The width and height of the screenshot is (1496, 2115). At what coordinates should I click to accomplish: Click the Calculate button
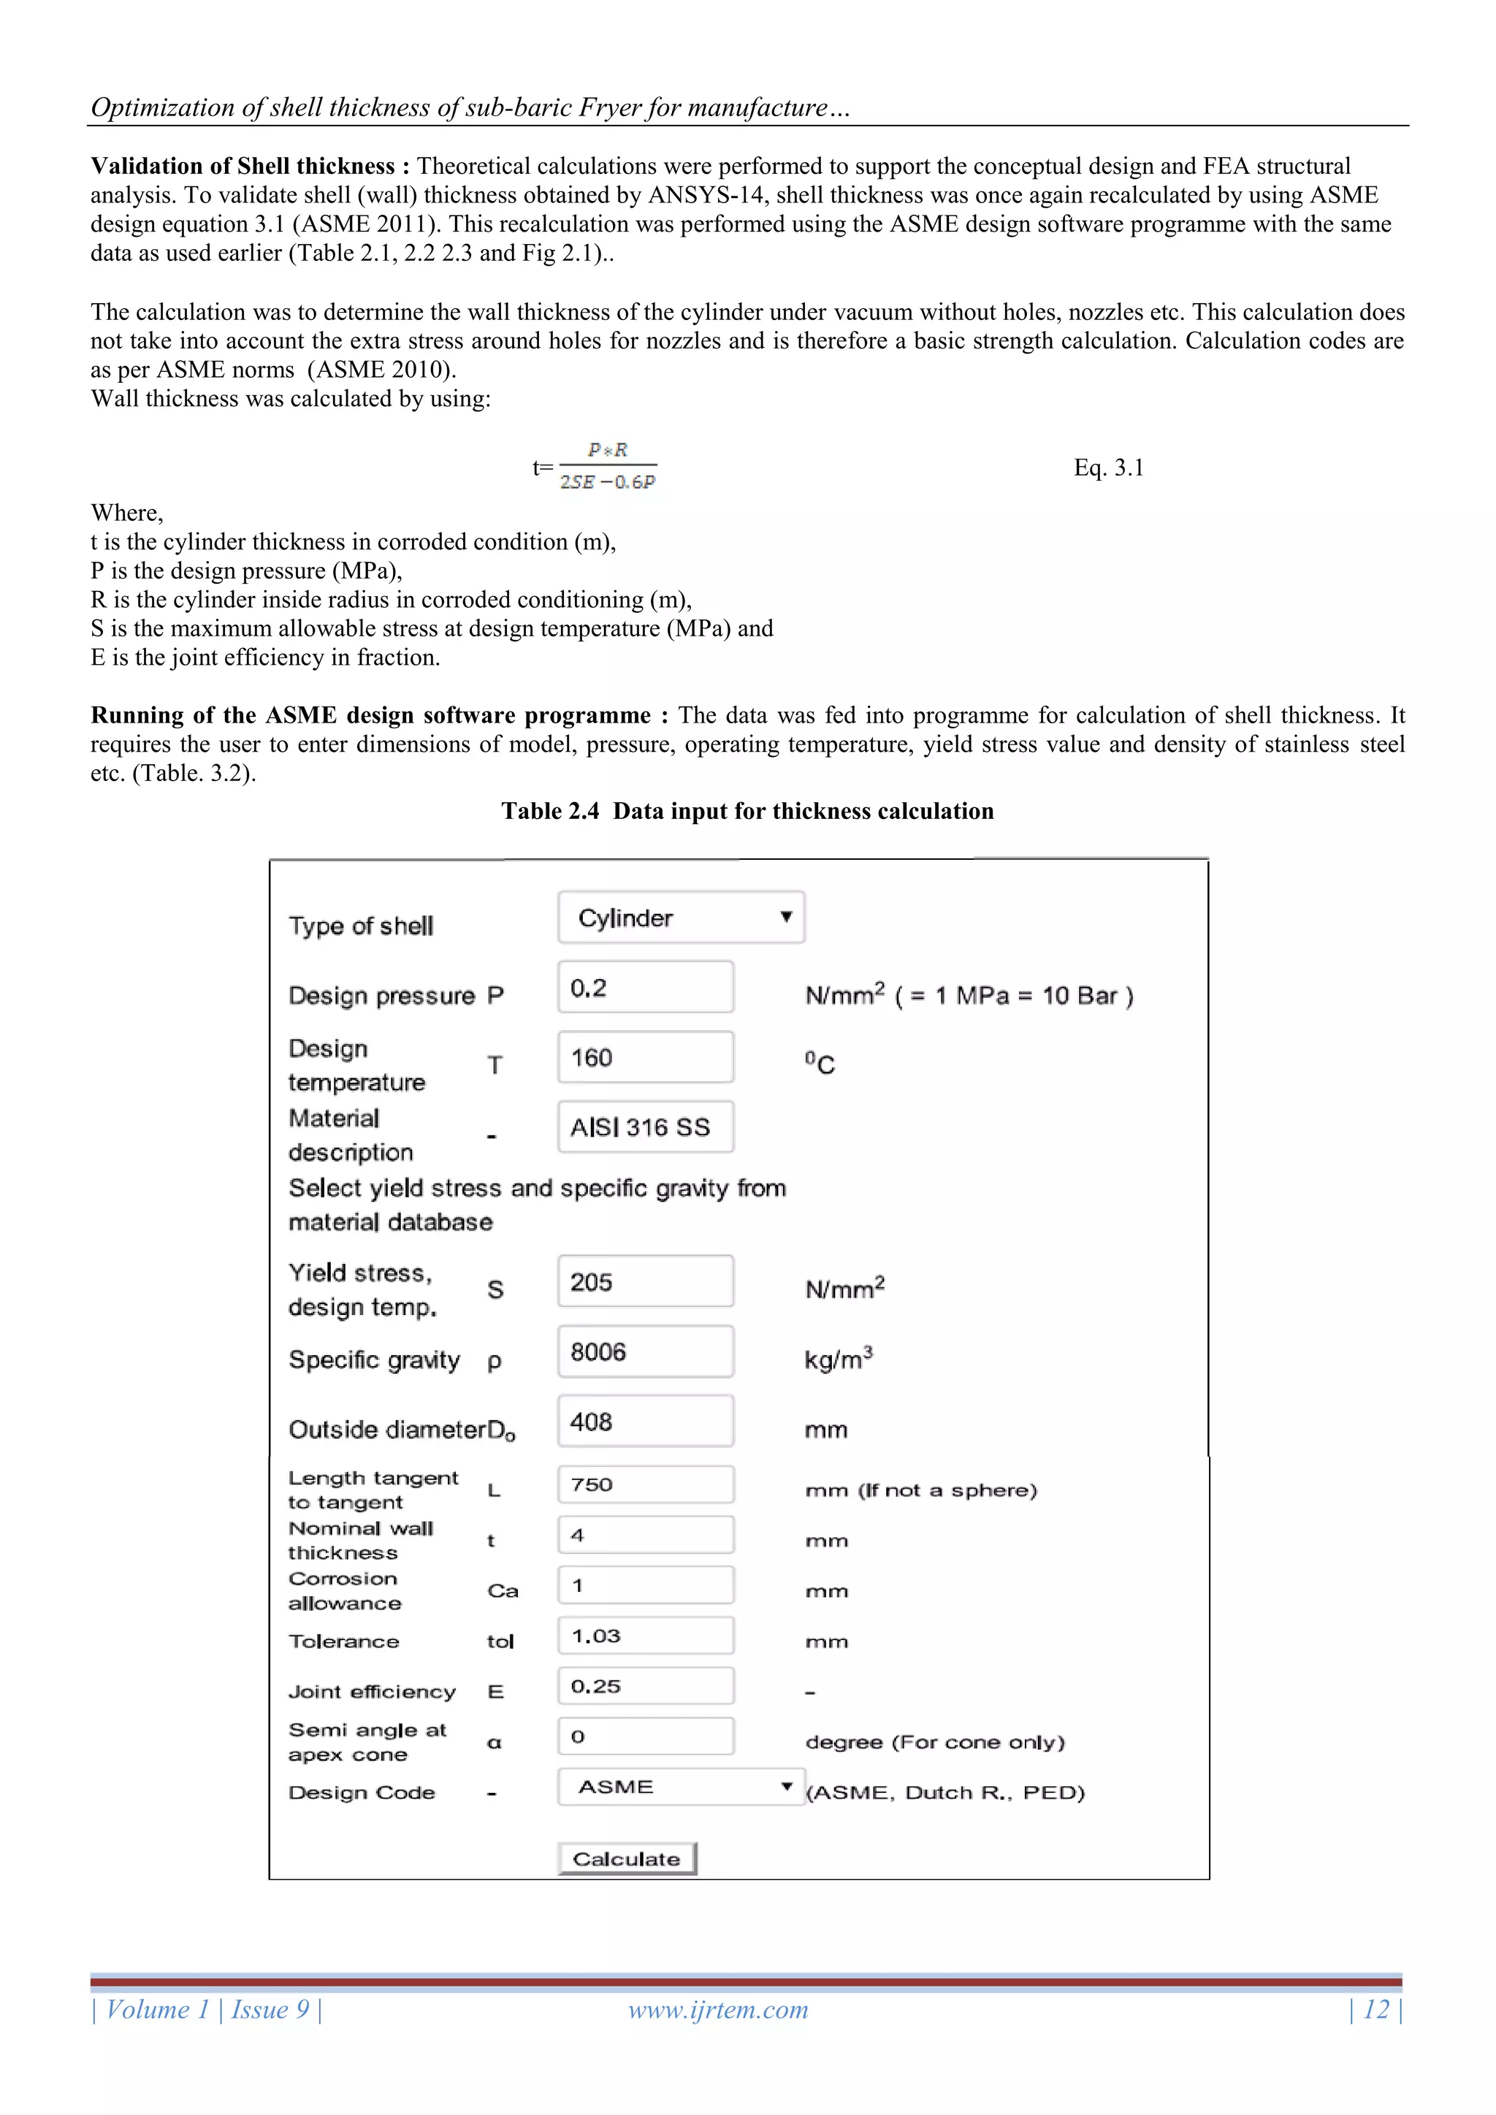click(627, 1858)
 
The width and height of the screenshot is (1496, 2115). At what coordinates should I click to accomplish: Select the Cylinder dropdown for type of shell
click(681, 918)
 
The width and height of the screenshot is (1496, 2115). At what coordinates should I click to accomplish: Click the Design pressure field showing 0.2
click(645, 988)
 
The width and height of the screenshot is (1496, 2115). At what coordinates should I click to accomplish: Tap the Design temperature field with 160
click(645, 1058)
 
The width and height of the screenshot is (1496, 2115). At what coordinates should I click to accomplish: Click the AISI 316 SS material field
click(645, 1127)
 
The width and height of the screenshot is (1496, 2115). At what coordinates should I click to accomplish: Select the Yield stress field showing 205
click(645, 1281)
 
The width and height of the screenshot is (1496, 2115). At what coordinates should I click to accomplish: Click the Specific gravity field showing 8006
click(645, 1352)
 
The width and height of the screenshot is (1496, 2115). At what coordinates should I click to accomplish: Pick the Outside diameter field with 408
click(645, 1422)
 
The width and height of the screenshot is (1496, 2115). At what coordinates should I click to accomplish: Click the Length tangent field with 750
click(645, 1484)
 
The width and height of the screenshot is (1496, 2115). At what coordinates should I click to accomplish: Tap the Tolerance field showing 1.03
click(645, 1635)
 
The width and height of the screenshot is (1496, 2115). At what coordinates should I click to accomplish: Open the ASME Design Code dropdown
click(681, 1786)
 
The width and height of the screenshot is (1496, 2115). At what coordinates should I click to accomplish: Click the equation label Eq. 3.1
click(1108, 468)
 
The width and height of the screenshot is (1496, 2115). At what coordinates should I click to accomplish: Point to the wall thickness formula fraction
click(607, 465)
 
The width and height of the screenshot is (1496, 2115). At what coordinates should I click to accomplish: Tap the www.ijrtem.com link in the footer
click(717, 2010)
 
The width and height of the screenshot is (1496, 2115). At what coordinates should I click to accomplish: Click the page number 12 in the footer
click(1375, 2010)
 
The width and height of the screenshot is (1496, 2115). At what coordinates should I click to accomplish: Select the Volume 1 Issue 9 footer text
click(206, 2010)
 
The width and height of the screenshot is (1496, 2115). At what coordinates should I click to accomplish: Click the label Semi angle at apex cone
click(367, 1742)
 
